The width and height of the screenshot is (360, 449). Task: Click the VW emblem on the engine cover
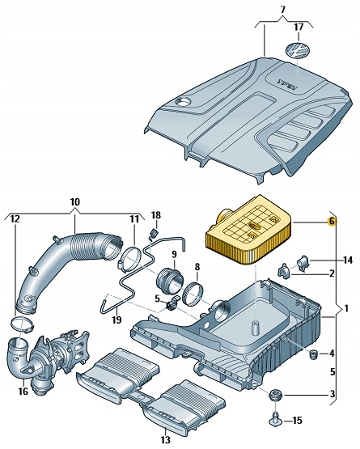[x=299, y=50]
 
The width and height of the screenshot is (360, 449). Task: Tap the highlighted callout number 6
[x=331, y=221]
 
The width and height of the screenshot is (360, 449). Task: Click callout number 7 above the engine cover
[x=282, y=9]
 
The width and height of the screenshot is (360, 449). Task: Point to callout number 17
[x=299, y=27]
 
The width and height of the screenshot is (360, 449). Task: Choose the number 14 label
[x=347, y=260]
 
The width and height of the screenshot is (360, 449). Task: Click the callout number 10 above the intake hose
[x=75, y=201]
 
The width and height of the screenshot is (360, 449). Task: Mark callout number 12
[x=15, y=219]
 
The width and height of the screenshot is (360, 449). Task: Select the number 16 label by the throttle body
[x=23, y=392]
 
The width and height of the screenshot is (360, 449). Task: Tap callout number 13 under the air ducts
[x=166, y=441]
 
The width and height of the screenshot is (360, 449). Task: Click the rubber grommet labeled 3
[x=277, y=396]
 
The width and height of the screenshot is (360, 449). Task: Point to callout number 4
[x=332, y=354]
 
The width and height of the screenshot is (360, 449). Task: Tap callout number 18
[x=156, y=214]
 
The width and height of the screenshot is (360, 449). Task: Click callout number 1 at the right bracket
[x=347, y=308]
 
